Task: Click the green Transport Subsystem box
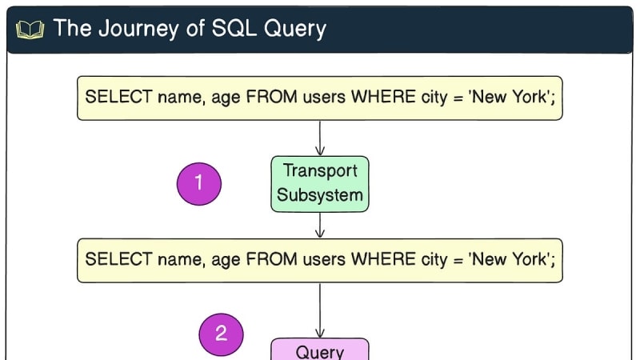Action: [x=320, y=183]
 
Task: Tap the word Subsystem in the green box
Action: [x=320, y=194]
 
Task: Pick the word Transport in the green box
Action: [x=320, y=171]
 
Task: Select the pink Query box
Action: [x=320, y=350]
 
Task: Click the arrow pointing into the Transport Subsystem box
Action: [x=320, y=138]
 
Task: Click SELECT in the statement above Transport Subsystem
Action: [x=111, y=98]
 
